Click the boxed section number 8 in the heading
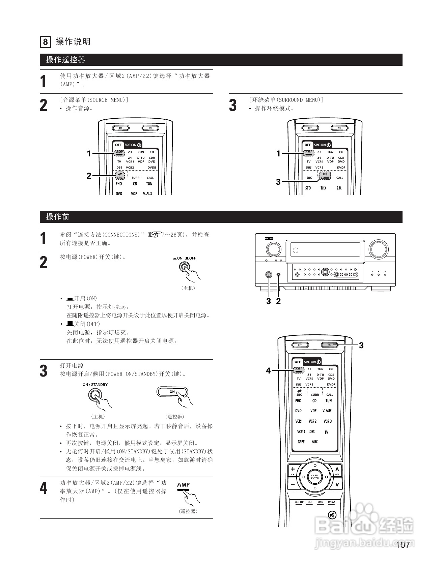(x=45, y=42)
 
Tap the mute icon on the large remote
(x=332, y=515)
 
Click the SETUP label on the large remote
(x=299, y=502)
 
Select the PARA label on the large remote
(x=332, y=502)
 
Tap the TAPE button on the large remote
(x=301, y=442)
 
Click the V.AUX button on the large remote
(x=327, y=411)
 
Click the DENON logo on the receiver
(x=269, y=239)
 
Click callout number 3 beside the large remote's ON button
(x=361, y=345)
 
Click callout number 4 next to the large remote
(x=268, y=371)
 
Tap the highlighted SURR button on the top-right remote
(x=325, y=176)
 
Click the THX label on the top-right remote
(x=323, y=188)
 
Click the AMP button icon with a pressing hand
(x=184, y=486)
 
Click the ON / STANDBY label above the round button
(x=95, y=384)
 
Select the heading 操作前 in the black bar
(x=58, y=217)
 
